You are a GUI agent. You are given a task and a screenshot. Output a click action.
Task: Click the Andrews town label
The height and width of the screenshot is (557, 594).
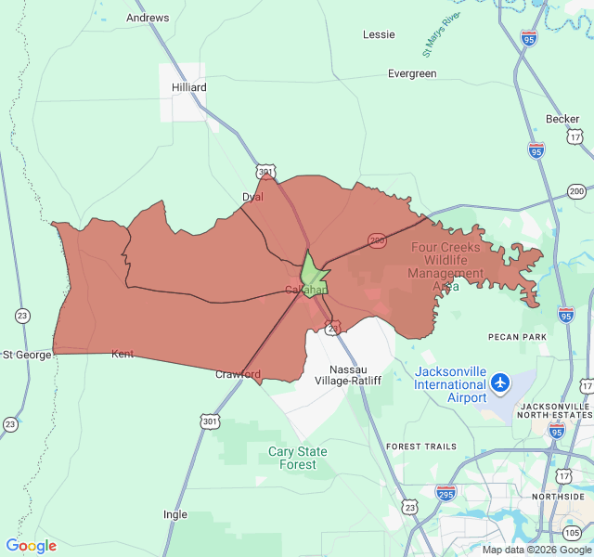(148, 18)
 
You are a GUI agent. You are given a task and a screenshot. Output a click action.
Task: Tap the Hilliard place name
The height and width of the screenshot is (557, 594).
(189, 87)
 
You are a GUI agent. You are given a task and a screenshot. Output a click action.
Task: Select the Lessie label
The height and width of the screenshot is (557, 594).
(379, 34)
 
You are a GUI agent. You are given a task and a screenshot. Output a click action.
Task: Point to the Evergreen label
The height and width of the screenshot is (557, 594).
(412, 73)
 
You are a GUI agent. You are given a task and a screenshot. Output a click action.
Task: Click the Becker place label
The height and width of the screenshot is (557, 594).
(562, 119)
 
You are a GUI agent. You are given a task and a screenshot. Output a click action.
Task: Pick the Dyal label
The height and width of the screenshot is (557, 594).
(252, 197)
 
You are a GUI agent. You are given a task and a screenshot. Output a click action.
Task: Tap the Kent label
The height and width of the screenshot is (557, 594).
(123, 354)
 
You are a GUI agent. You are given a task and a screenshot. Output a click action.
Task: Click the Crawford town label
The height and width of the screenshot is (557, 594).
(238, 375)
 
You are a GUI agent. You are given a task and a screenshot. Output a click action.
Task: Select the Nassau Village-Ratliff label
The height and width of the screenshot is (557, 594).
(348, 374)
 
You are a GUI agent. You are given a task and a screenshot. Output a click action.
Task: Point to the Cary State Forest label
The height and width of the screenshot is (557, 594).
(298, 458)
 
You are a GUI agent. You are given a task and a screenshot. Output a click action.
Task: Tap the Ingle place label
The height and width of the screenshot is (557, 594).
(174, 514)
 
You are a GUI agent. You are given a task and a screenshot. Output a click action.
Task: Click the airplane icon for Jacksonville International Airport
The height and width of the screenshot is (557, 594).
(501, 382)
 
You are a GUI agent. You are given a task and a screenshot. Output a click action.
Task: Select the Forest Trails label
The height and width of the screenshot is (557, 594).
(421, 447)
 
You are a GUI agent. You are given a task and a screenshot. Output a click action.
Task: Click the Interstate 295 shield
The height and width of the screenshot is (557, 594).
(446, 492)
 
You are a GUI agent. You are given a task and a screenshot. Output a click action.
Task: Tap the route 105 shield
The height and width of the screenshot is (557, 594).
(573, 532)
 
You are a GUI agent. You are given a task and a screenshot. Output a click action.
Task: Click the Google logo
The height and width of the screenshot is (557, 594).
(32, 546)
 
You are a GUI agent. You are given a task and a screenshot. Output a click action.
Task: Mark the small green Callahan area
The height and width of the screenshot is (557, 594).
(312, 271)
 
